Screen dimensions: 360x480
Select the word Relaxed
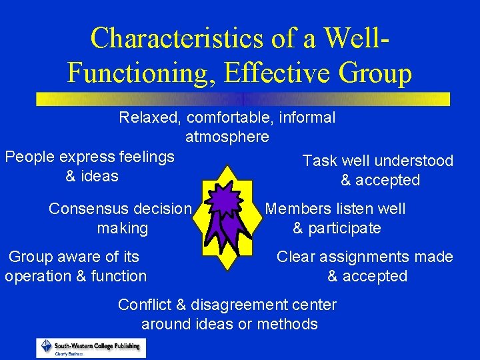(151, 118)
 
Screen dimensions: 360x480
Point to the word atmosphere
(227, 137)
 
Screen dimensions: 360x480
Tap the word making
(122, 228)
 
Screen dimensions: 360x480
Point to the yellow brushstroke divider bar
(243, 99)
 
